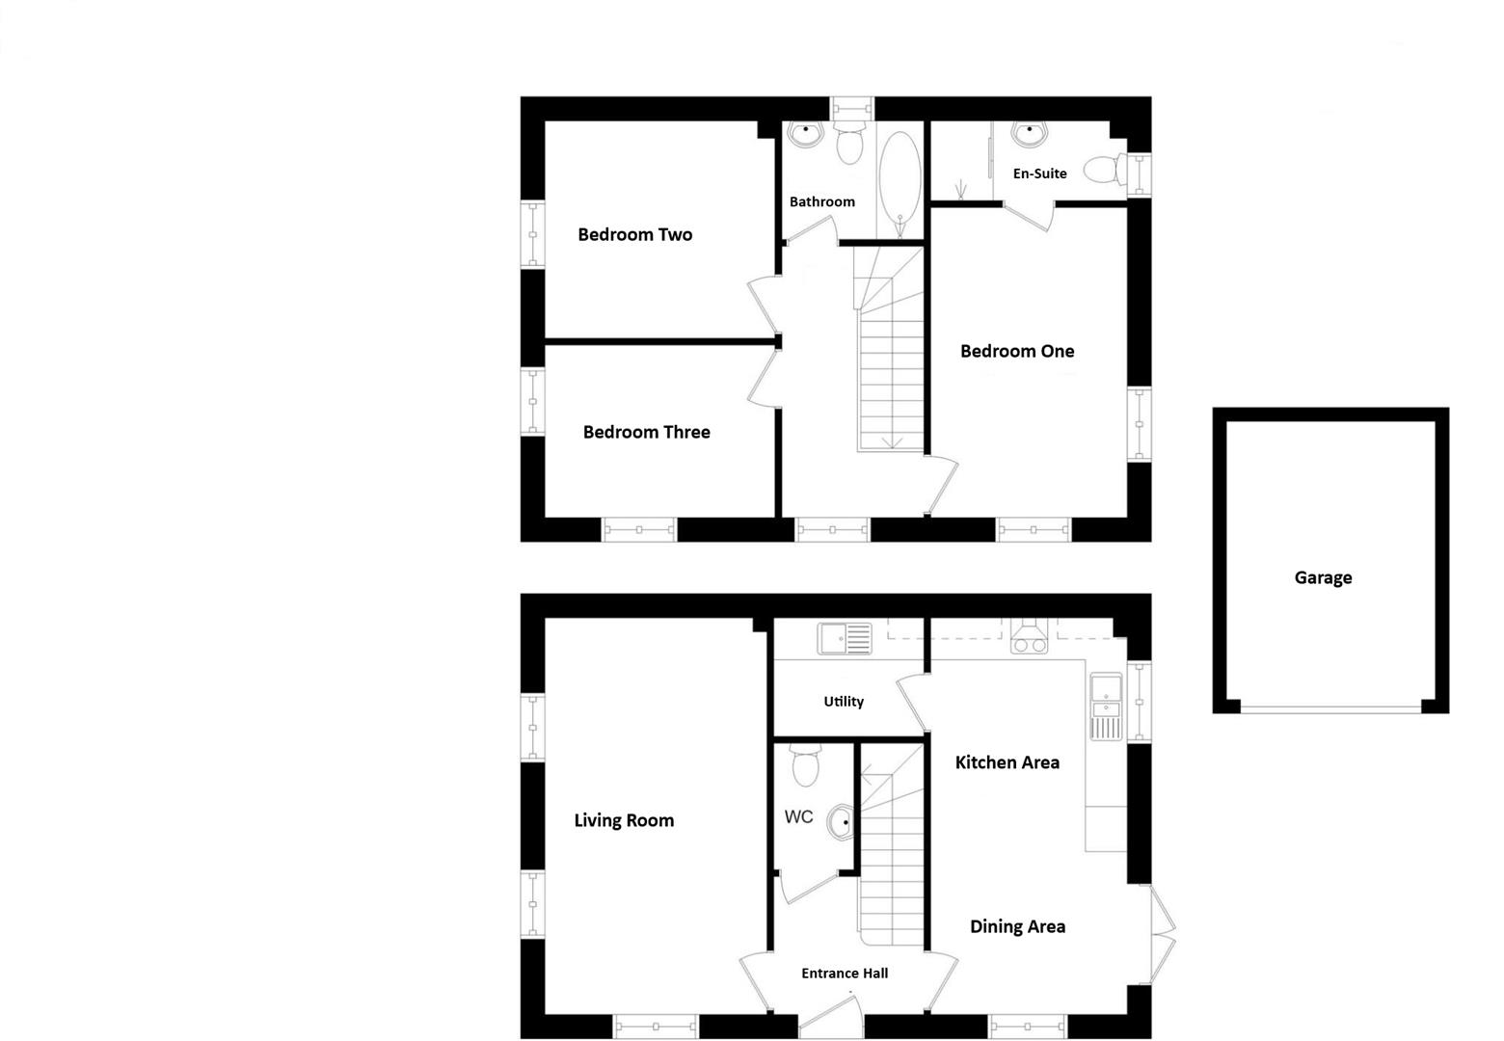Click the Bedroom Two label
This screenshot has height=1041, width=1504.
pos(634,234)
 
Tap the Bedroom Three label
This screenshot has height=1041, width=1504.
pos(646,432)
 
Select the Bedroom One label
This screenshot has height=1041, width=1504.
pos(1016,351)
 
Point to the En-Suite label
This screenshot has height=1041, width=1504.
pos(1039,173)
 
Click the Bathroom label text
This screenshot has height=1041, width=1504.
pos(821,201)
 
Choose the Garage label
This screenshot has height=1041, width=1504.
pos(1323,577)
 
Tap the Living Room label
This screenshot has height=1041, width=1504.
pos(624,820)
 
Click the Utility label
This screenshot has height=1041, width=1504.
pos(844,702)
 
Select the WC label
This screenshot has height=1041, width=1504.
pos(798,817)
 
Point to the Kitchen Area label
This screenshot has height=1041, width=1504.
pos(1007,762)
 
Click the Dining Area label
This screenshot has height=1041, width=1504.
pos(1017,926)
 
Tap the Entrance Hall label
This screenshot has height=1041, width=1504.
pos(845,974)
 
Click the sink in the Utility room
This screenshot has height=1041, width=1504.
pos(844,638)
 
